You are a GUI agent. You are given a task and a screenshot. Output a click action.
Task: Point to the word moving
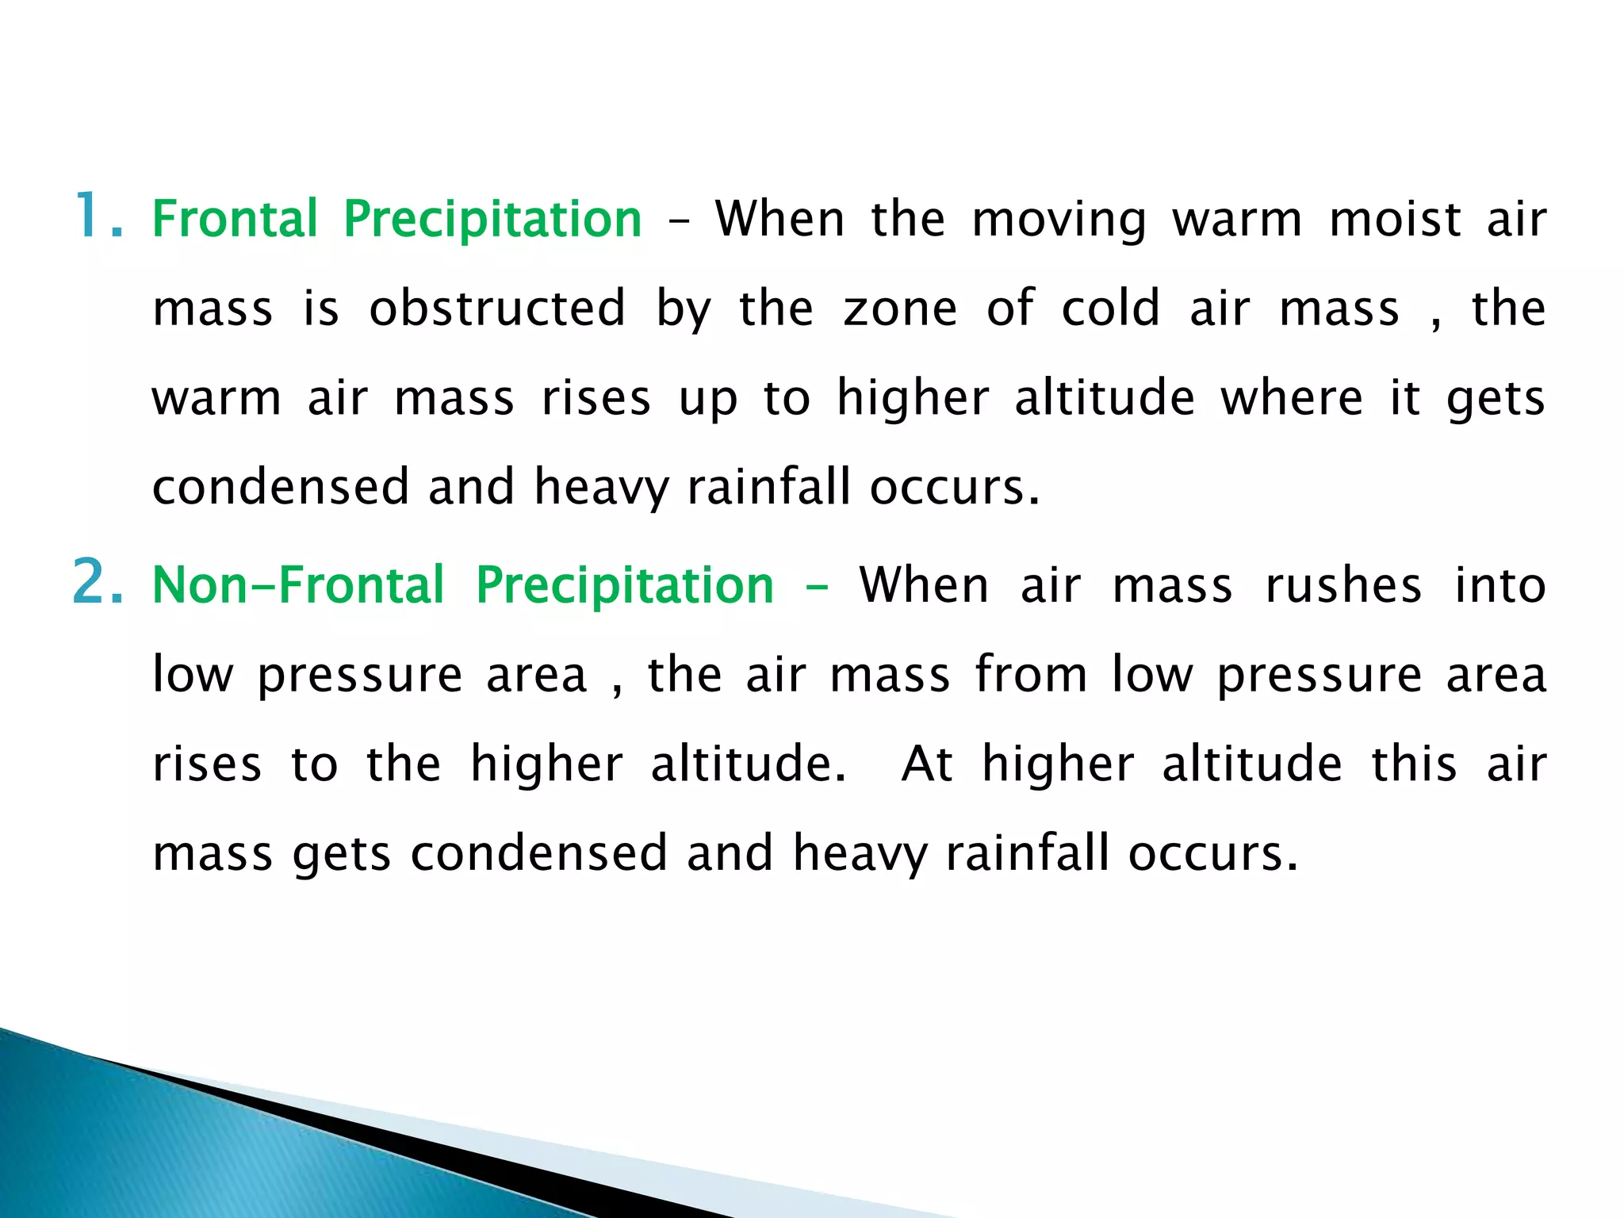pyautogui.click(x=1059, y=220)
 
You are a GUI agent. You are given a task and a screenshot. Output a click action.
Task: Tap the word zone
pyautogui.click(x=900, y=309)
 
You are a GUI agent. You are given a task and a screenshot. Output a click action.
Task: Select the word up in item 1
pyautogui.click(x=707, y=399)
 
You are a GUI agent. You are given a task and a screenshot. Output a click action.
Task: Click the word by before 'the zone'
pyautogui.click(x=684, y=309)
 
